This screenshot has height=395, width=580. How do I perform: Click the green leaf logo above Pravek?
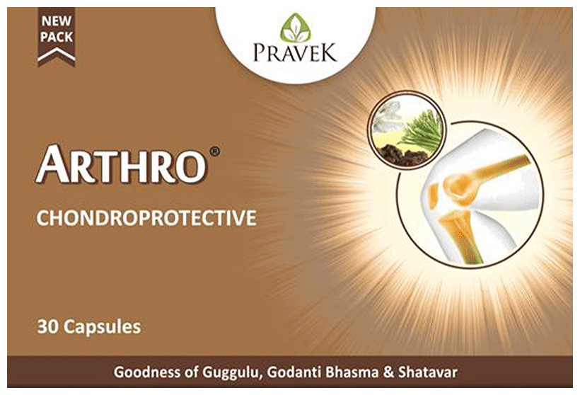[x=296, y=28]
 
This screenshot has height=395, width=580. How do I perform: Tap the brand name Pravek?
[x=295, y=52]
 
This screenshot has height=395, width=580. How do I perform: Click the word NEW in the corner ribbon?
[x=57, y=21]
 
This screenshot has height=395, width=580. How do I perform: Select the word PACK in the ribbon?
[x=57, y=37]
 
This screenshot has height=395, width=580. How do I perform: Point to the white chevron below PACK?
[x=57, y=54]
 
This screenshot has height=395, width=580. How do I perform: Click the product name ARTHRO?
[x=121, y=164]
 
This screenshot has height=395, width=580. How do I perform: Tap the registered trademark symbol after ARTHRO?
[x=215, y=151]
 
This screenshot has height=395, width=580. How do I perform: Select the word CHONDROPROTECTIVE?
[x=146, y=218]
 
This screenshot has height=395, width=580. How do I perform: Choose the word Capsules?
[x=102, y=328]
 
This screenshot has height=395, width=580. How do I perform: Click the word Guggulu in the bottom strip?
[x=232, y=372]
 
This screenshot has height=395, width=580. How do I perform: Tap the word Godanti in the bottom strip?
[x=294, y=372]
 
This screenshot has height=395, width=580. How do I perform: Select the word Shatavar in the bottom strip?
[x=428, y=372]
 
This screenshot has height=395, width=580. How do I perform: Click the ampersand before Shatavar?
[x=389, y=372]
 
